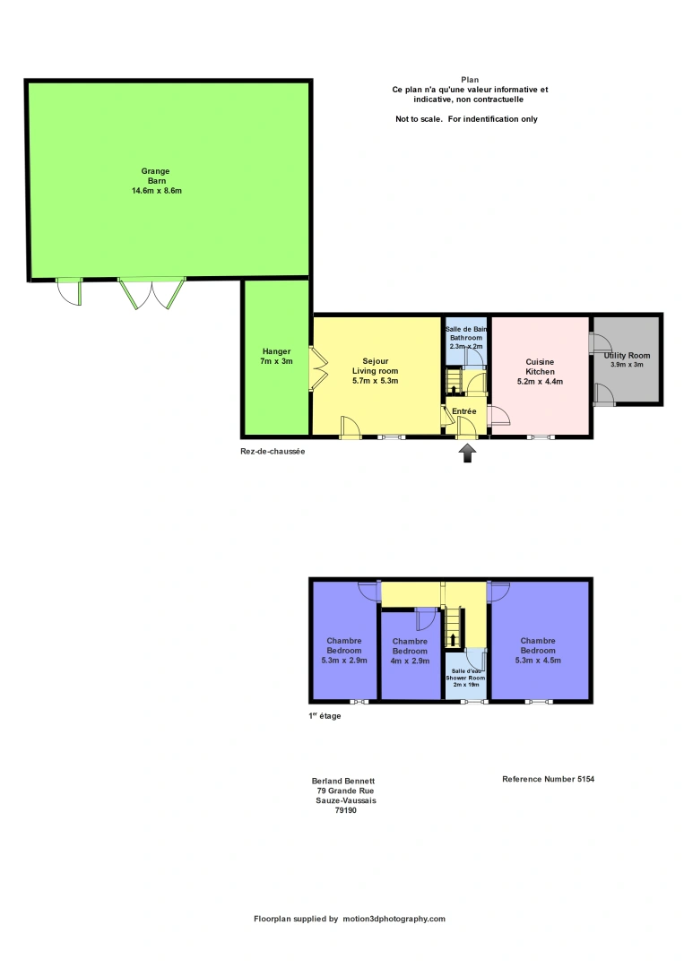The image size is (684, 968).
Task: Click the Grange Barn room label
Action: click(157, 176)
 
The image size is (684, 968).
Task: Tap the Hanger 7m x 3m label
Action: click(276, 356)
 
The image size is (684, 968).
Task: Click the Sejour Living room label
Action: click(375, 371)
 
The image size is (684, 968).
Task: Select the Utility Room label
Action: click(628, 357)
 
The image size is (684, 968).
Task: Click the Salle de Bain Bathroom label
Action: click(464, 337)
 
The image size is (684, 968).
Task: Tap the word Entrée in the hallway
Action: click(464, 411)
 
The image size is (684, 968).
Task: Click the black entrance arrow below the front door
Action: click(467, 454)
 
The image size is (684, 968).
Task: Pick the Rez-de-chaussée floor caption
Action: click(273, 452)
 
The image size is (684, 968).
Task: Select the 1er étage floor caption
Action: click(324, 716)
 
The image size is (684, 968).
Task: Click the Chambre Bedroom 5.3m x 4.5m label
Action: click(538, 651)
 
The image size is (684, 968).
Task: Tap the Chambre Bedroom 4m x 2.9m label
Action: click(410, 651)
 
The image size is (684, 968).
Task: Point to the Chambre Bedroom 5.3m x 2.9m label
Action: click(343, 651)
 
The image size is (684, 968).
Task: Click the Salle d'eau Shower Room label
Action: click(467, 677)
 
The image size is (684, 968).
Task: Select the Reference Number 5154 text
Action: click(548, 780)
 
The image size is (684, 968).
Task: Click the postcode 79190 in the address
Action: click(346, 810)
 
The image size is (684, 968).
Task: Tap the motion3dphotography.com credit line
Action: click(350, 919)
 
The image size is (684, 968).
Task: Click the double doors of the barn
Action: click(152, 294)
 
